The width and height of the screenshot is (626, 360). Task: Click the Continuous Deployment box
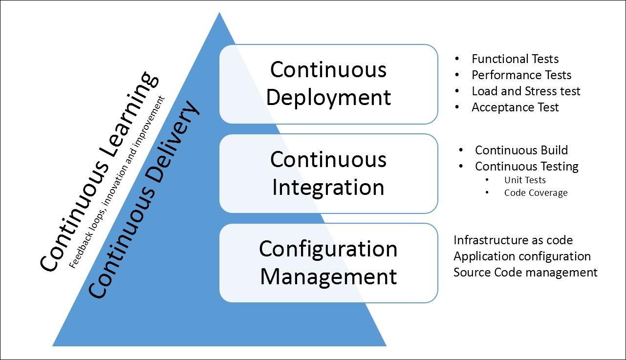pos(329,84)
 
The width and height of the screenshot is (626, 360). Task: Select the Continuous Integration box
pos(329,174)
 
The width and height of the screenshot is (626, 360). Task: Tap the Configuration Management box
pos(329,263)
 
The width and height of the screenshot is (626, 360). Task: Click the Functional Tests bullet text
pos(515,59)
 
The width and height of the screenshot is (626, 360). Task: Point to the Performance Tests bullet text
pos(521,75)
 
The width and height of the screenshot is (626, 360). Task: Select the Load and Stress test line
pos(526,91)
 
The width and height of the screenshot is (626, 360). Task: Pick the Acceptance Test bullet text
pos(515,107)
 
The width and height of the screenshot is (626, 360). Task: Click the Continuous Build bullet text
pos(521,150)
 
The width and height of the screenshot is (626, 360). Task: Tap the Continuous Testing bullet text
pos(527,167)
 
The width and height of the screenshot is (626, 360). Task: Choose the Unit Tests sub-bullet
pos(525,180)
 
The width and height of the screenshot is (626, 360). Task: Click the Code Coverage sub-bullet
pos(536,193)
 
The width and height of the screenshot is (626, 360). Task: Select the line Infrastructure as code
pos(513,240)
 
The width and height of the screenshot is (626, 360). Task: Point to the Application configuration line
pos(522,256)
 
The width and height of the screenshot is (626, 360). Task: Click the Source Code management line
pos(525,273)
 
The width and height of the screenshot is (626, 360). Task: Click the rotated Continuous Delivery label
pos(144,199)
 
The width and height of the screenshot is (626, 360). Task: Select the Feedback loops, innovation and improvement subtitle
pos(117,182)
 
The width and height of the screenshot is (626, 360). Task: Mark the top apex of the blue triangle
pos(219,12)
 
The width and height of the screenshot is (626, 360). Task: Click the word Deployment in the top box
pos(328,98)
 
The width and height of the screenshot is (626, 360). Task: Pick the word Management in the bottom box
pos(328,277)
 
